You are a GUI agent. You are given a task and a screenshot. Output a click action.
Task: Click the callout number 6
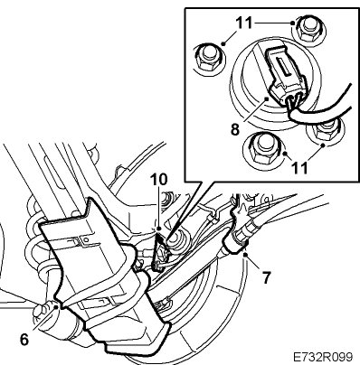coord(24,340)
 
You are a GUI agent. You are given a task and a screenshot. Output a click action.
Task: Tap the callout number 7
coord(266,277)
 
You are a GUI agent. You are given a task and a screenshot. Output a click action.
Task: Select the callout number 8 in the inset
coord(235,129)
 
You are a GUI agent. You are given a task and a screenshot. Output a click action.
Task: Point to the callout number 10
coord(159,180)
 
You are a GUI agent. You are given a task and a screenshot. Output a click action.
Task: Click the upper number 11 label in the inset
coord(243,23)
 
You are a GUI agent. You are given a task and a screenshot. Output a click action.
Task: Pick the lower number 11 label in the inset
coord(298,167)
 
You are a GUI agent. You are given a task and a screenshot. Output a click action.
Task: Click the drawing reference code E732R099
coord(323,357)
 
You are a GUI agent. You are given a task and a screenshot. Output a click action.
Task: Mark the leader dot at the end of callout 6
coord(59,307)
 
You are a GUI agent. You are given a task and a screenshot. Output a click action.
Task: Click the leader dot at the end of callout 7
coord(246,255)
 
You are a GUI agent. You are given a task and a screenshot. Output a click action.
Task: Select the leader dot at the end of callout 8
coord(266,98)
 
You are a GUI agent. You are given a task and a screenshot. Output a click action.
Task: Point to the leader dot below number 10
coord(159,229)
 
